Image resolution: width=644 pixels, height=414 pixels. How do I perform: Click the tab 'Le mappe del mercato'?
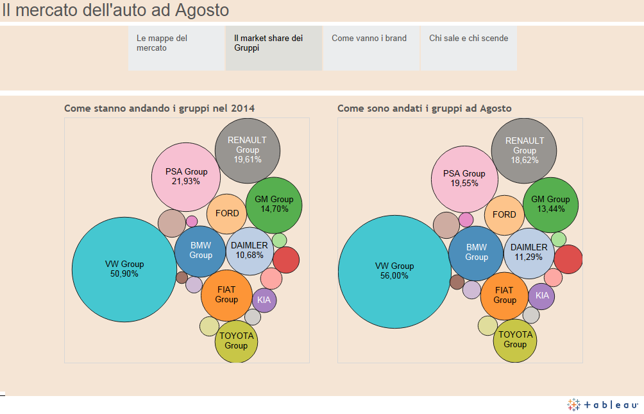[x=176, y=48]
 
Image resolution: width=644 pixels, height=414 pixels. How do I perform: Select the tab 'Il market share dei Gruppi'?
[x=273, y=48]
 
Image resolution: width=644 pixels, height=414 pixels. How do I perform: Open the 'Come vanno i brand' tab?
[x=371, y=48]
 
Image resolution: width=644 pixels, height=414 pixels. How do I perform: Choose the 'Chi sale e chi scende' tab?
[x=468, y=48]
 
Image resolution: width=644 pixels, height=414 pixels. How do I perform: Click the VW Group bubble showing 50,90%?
[x=124, y=269]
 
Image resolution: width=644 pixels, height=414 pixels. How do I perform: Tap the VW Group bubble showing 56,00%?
[x=394, y=271]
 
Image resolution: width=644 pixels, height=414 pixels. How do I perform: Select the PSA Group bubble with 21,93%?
[x=186, y=177]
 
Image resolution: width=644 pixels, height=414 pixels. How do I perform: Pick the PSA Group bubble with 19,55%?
[x=464, y=178]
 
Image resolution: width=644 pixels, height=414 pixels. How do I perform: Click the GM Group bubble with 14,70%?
[x=274, y=205]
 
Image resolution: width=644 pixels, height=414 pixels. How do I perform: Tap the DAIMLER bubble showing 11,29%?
[x=529, y=252]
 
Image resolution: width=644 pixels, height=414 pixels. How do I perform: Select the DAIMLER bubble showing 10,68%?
[x=250, y=250]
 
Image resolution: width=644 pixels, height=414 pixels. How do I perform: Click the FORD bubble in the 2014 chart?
[x=227, y=214]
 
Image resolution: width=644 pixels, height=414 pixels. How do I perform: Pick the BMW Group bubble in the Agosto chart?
[x=476, y=252]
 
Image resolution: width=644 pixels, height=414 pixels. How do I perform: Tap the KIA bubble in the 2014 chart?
[x=264, y=299]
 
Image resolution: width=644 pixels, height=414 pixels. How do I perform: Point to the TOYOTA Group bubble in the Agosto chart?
[x=515, y=340]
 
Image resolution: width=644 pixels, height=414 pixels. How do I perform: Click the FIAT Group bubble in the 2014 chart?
[x=226, y=295]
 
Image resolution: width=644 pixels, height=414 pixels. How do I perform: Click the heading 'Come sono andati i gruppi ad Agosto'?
[x=425, y=108]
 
